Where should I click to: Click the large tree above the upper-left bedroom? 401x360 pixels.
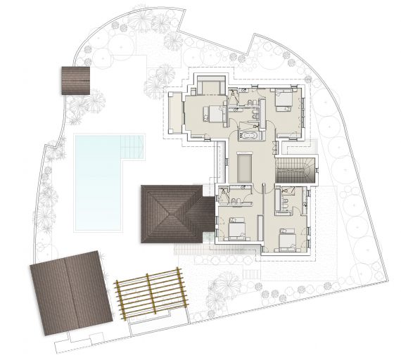pos(165,73)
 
